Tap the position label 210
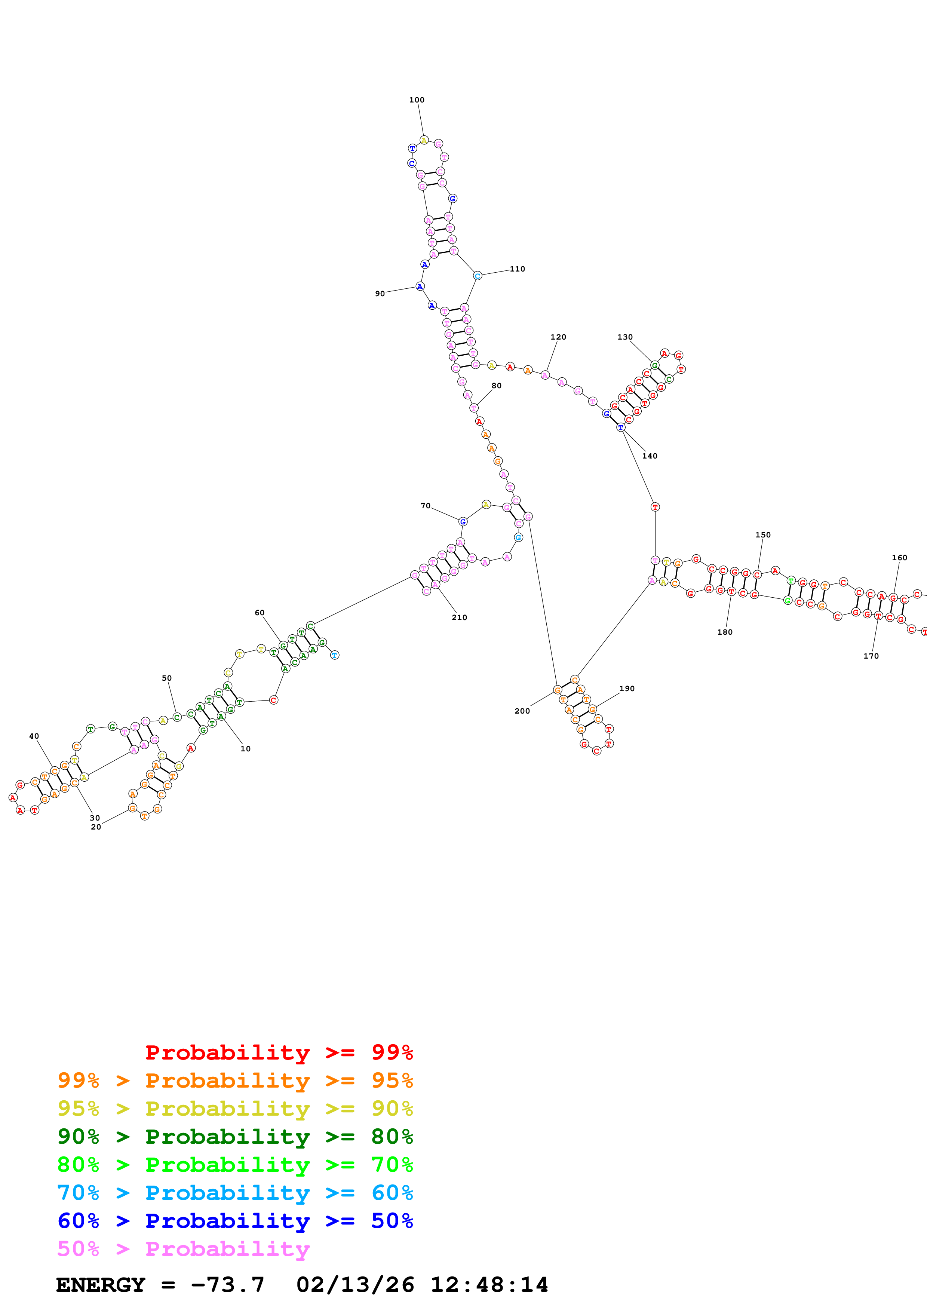pyautogui.click(x=459, y=618)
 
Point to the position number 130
pyautogui.click(x=625, y=337)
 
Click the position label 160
pyautogui.click(x=900, y=558)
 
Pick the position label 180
pyautogui.click(x=725, y=632)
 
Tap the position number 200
pyautogui.click(x=522, y=711)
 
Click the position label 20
pyautogui.click(x=96, y=827)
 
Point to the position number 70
pyautogui.click(x=426, y=506)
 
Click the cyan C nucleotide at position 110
pyautogui.click(x=478, y=276)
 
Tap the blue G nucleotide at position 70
pyautogui.click(x=463, y=522)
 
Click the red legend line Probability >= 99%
pyautogui.click(x=279, y=1052)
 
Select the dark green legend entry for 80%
pyautogui.click(x=235, y=1137)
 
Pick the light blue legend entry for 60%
pyautogui.click(x=235, y=1193)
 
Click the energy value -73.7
pyautogui.click(x=228, y=1285)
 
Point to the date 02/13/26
pyautogui.click(x=355, y=1285)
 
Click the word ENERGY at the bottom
pyautogui.click(x=101, y=1285)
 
